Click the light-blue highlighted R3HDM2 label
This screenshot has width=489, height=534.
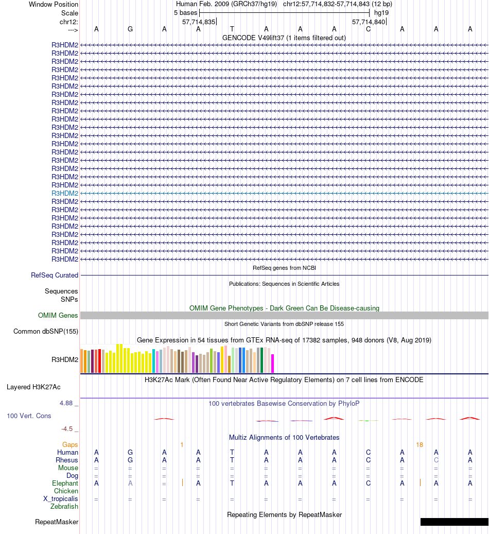65,193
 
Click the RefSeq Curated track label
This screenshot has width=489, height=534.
55,275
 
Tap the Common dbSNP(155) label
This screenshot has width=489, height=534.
46,332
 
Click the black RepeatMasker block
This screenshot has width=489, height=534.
454,522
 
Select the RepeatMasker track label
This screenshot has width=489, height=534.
57,522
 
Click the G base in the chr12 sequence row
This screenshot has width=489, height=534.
130,29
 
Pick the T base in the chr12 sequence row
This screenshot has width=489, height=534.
232,29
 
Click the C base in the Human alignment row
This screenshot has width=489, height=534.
368,453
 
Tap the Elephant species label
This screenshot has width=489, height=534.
65,484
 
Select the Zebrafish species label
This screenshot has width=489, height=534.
64,507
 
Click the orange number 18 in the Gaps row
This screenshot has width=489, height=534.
420,444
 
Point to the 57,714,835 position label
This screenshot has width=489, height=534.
199,22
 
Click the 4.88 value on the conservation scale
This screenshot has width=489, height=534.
66,403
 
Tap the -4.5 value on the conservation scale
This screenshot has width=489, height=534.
68,428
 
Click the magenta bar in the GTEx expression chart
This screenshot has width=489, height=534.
273,364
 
